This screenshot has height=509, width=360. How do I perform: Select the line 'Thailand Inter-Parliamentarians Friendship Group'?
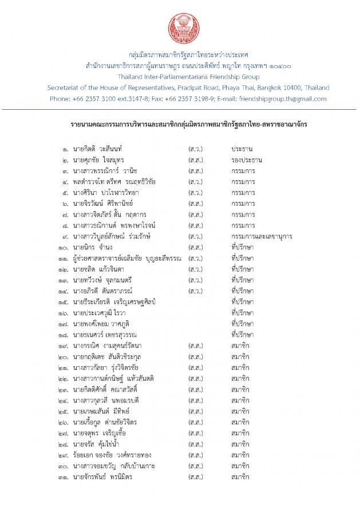pyautogui.click(x=180, y=77)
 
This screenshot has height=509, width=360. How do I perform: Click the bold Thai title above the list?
pyautogui.click(x=180, y=124)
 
